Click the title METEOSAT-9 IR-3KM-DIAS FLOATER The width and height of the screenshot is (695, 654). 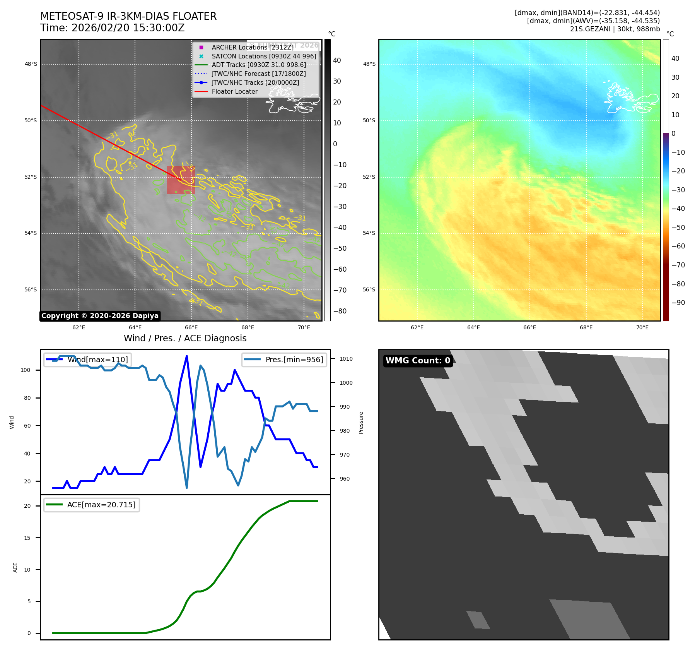click(x=128, y=16)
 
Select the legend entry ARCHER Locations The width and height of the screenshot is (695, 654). click(x=252, y=47)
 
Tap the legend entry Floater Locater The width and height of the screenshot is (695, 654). click(x=234, y=91)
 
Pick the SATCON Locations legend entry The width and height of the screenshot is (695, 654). click(x=263, y=56)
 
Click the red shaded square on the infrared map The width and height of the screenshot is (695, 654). click(x=181, y=180)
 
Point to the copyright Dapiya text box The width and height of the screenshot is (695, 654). click(x=100, y=316)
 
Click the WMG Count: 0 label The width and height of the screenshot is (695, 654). click(x=418, y=361)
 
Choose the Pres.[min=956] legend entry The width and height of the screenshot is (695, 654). click(x=294, y=360)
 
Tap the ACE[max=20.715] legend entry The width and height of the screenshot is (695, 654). click(x=101, y=505)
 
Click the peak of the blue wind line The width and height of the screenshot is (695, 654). click(x=187, y=356)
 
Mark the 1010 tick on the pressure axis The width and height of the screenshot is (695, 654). click(x=346, y=359)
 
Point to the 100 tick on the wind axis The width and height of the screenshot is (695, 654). click(x=26, y=370)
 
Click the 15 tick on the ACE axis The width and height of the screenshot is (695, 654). click(x=27, y=538)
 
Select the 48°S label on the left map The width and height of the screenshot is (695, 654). click(x=31, y=64)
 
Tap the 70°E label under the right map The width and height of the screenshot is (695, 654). click(x=642, y=327)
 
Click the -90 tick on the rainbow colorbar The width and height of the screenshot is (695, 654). click(x=678, y=303)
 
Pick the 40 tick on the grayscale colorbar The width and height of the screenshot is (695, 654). click(x=337, y=60)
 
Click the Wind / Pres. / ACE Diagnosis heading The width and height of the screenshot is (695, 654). click(x=185, y=338)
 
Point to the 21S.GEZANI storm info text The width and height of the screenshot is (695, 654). click(x=615, y=29)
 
